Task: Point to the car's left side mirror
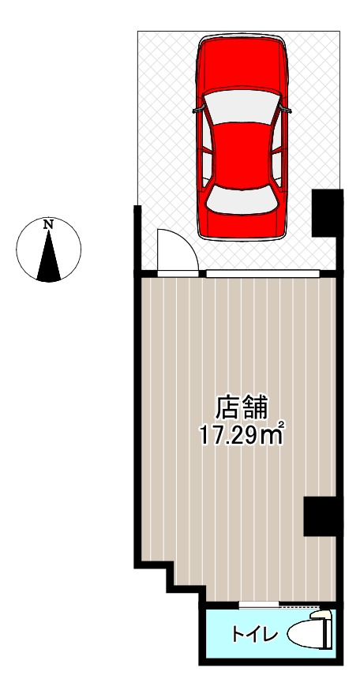pyautogui.click(x=197, y=110)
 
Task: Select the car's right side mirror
pyautogui.click(x=287, y=110)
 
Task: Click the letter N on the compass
pyautogui.click(x=49, y=225)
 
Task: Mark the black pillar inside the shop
pyautogui.click(x=322, y=518)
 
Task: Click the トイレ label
pyautogui.click(x=246, y=634)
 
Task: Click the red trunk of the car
pyautogui.click(x=242, y=225)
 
